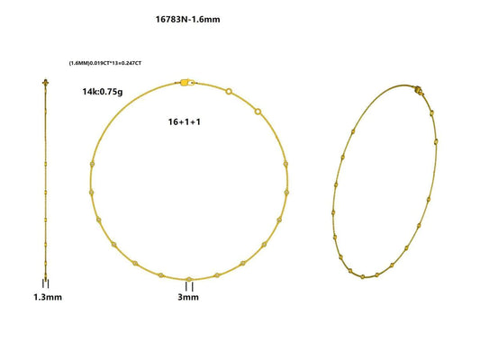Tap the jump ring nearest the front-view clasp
pyautogui.click(x=230, y=91)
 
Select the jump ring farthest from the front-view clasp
pyautogui.click(x=258, y=112)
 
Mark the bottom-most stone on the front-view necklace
pyautogui.click(x=188, y=279)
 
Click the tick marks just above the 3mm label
pyautogui.click(x=188, y=286)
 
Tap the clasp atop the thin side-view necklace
pyautogui.click(x=45, y=83)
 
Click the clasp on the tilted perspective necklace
pyautogui.click(x=417, y=90)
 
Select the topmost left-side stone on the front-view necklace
pyautogui.click(x=93, y=164)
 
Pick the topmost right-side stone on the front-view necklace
pyautogui.click(x=285, y=164)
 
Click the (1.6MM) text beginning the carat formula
pyautogui.click(x=78, y=63)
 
